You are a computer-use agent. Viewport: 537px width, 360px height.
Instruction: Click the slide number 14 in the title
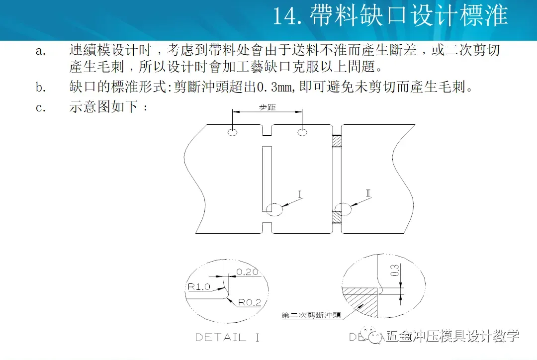(285, 16)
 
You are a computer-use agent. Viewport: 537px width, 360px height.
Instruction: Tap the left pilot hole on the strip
(232, 132)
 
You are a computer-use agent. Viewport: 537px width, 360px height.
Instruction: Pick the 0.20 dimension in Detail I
(247, 272)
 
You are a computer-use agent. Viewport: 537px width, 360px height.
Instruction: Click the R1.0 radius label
(199, 287)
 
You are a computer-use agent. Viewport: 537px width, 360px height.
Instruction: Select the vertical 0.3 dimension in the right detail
(396, 271)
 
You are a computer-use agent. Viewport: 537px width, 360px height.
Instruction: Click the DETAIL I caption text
(227, 337)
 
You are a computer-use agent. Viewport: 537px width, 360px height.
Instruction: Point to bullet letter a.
(40, 51)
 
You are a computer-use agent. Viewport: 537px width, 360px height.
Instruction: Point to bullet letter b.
(40, 88)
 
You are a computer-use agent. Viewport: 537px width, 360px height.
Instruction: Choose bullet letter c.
(40, 107)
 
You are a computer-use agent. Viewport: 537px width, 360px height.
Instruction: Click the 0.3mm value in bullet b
(270, 88)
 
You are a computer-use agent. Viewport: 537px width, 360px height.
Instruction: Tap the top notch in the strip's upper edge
(267, 130)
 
